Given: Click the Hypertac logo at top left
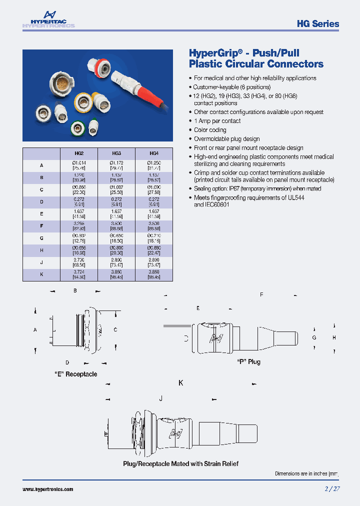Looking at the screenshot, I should pyautogui.click(x=48, y=20).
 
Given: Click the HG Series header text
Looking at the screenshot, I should pyautogui.click(x=317, y=23).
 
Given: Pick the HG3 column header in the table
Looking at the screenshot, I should pyautogui.click(x=116, y=153).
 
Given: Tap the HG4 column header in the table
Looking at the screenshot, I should pyautogui.click(x=154, y=153).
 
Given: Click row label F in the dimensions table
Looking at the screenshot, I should pyautogui.click(x=41, y=225).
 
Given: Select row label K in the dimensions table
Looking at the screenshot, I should pyautogui.click(x=41, y=274).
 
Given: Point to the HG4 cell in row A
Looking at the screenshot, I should pyautogui.click(x=154, y=165).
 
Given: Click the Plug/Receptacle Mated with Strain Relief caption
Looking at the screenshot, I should pyautogui.click(x=180, y=463).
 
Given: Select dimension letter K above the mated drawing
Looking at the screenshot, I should pyautogui.click(x=180, y=383).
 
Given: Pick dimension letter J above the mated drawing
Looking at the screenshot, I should pyautogui.click(x=160, y=398).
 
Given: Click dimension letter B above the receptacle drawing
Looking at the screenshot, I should pyautogui.click(x=75, y=290).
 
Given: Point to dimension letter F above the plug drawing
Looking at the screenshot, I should pyautogui.click(x=261, y=295).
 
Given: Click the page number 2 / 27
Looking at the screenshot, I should pyautogui.click(x=332, y=489).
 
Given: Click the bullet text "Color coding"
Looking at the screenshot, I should pyautogui.click(x=210, y=130).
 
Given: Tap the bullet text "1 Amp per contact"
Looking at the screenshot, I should pyautogui.click(x=217, y=121).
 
